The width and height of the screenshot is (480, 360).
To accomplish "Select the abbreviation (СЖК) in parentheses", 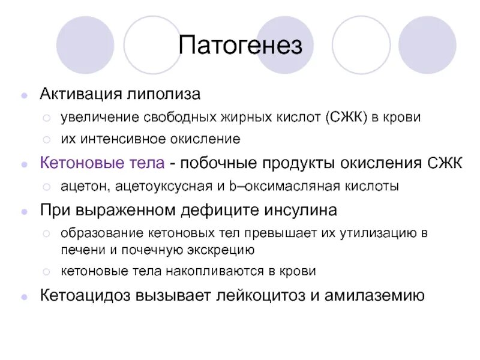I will (347, 117).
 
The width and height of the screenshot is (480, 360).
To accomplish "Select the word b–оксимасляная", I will (275, 187).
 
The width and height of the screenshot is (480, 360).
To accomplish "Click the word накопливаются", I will (203, 271).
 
